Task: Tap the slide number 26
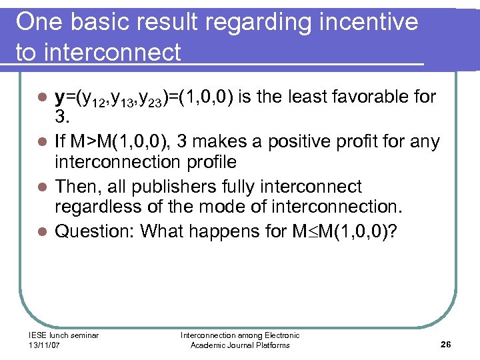[445, 345]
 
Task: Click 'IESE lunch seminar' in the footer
[64, 335]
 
